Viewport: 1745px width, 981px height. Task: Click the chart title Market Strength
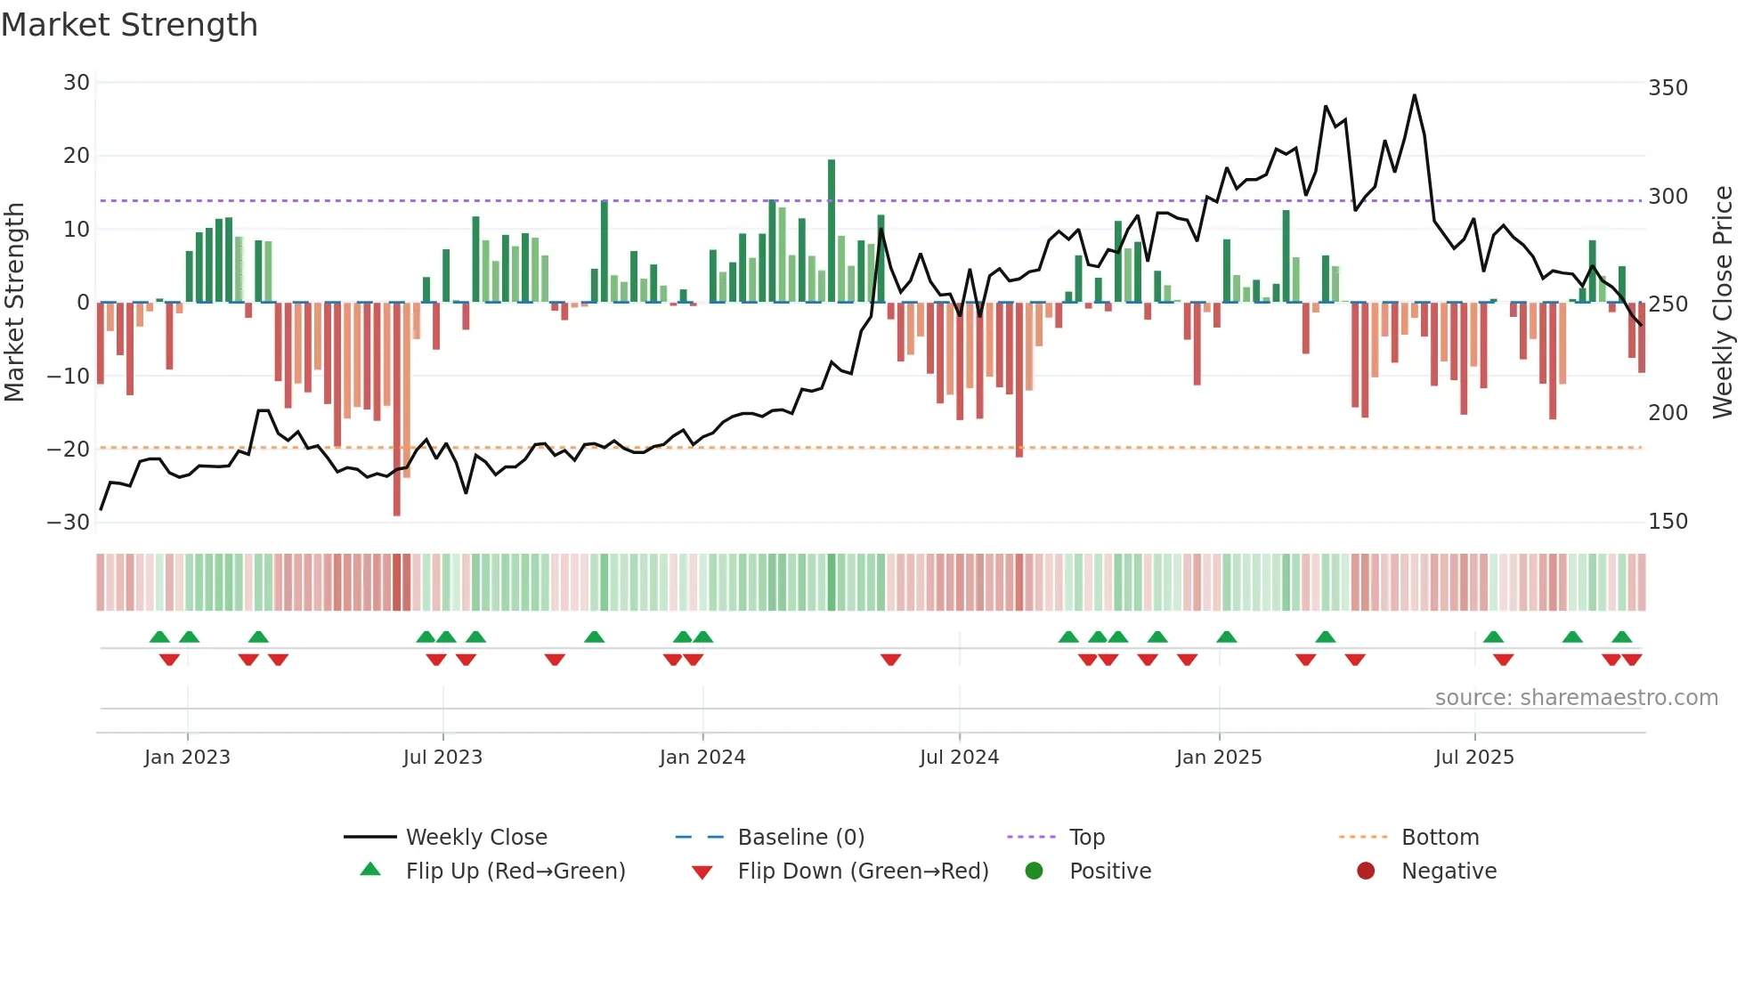coord(129,25)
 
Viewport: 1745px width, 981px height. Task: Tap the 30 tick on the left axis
coord(77,83)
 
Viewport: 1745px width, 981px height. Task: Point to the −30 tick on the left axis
coord(69,523)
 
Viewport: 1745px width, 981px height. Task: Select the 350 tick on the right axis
coord(1668,88)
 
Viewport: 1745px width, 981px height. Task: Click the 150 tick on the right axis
coord(1668,522)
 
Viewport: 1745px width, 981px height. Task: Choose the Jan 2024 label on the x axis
coord(702,758)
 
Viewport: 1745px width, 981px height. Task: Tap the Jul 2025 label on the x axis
coord(1473,758)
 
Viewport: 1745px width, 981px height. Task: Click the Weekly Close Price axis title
coord(1722,303)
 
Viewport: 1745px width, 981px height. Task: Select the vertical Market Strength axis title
coord(14,303)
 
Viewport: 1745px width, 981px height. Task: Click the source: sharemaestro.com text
coord(1576,698)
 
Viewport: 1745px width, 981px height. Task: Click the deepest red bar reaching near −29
coord(396,409)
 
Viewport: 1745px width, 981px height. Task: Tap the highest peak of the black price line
coord(1414,96)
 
